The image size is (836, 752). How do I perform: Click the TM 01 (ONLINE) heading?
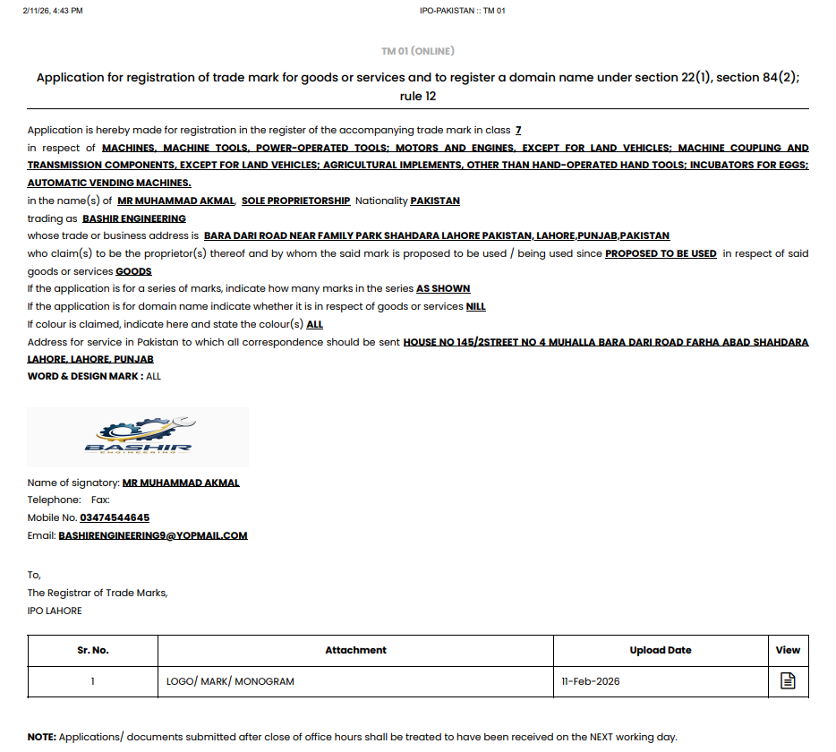tap(417, 51)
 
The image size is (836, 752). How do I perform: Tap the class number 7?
tap(518, 131)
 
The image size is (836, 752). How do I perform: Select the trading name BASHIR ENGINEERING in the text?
tap(134, 218)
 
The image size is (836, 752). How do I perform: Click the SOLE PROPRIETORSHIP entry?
tap(295, 201)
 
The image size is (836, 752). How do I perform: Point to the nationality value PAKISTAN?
tap(435, 201)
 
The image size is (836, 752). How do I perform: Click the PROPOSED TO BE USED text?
tap(661, 253)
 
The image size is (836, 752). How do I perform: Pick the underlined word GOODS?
tap(133, 271)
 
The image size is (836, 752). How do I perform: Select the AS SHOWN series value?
tap(443, 288)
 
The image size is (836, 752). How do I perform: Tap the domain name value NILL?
tap(476, 306)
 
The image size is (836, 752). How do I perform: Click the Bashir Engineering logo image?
tap(138, 437)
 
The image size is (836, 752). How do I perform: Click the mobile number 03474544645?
tap(115, 517)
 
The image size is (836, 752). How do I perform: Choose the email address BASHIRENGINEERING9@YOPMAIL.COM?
tap(153, 535)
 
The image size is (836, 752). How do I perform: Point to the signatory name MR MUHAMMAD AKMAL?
tap(181, 483)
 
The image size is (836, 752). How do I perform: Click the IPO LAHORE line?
tap(55, 611)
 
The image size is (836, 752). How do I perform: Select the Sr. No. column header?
tap(93, 650)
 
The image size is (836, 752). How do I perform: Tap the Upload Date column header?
tap(660, 650)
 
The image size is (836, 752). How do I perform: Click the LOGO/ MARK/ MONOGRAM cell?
tap(230, 681)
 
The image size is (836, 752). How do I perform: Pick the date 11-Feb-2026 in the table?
tap(591, 681)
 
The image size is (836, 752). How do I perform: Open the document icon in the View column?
tap(788, 681)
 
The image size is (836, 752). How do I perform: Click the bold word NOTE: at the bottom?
tap(42, 737)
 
